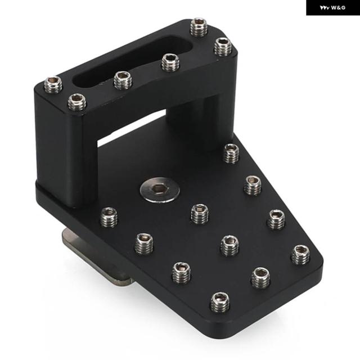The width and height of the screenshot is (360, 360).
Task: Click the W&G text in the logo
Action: (x=338, y=8)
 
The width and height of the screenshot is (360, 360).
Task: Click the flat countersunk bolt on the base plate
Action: (x=160, y=190)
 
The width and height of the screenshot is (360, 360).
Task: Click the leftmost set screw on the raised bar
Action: (x=53, y=85)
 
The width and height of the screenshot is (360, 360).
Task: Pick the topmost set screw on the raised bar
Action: (x=199, y=27)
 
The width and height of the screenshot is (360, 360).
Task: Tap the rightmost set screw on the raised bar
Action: (x=223, y=47)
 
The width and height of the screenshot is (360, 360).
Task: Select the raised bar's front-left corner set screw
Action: (x=77, y=102)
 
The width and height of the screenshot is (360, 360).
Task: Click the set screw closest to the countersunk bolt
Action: (x=200, y=214)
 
